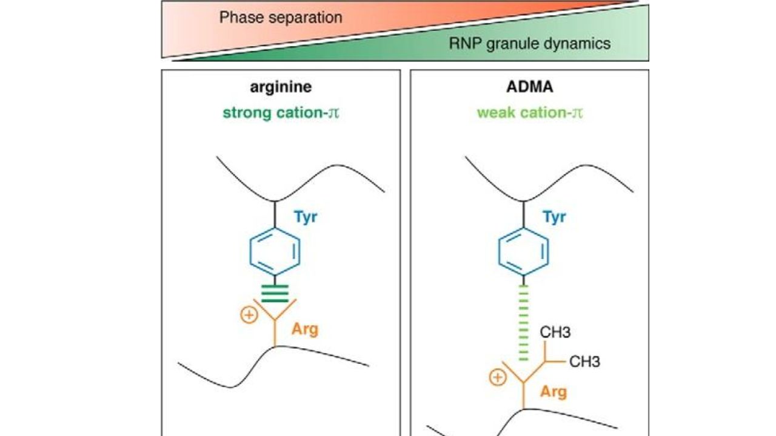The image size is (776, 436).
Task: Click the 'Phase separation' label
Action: pyautogui.click(x=280, y=18)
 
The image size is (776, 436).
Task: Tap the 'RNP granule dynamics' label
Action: pyautogui.click(x=529, y=44)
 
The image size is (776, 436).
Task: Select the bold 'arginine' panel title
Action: pyautogui.click(x=281, y=87)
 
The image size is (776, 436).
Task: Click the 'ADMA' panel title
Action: pyautogui.click(x=529, y=87)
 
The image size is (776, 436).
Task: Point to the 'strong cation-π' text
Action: pyautogui.click(x=281, y=113)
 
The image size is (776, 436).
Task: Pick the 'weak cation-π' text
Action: pyautogui.click(x=529, y=113)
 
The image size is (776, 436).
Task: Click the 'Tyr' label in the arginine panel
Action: pyautogui.click(x=306, y=217)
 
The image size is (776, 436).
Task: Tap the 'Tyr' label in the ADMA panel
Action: pyautogui.click(x=554, y=217)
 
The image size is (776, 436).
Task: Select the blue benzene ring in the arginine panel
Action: pyautogui.click(x=275, y=252)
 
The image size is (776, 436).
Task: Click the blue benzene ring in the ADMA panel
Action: pyautogui.click(x=524, y=252)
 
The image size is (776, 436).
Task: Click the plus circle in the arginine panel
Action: pyautogui.click(x=249, y=315)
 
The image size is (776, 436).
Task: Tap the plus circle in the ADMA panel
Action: pyautogui.click(x=497, y=378)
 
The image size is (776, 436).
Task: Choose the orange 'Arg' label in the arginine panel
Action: pyautogui.click(x=304, y=329)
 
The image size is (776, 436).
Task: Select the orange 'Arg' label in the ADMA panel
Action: pyautogui.click(x=553, y=392)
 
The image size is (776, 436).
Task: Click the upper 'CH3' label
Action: pyautogui.click(x=555, y=332)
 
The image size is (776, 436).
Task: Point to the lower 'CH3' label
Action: pyautogui.click(x=584, y=362)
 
